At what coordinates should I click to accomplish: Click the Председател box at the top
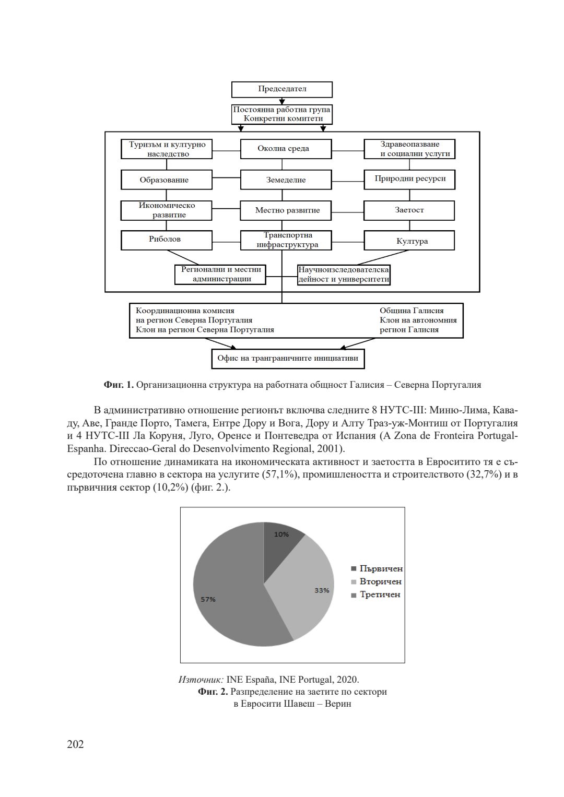282,89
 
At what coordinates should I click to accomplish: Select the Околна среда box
286,149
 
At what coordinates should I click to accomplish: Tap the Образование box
167,180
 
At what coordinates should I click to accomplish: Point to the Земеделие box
286,180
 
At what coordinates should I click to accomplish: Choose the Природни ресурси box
409,179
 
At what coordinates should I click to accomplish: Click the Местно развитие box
286,210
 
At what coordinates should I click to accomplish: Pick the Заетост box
409,210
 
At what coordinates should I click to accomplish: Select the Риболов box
167,240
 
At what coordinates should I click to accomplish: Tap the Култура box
409,241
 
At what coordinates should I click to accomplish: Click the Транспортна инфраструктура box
286,240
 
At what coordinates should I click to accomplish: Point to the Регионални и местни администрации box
220,274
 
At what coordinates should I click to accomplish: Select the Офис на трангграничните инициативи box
284,359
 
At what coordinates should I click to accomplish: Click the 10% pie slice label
281,534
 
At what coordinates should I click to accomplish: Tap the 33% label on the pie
322,590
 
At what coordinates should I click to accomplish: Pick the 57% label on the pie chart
208,599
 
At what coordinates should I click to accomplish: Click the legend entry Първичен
381,569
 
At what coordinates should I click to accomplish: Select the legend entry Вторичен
380,581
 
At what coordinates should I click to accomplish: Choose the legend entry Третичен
380,594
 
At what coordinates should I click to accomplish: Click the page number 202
75,744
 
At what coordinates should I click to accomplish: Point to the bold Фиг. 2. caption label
213,692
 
